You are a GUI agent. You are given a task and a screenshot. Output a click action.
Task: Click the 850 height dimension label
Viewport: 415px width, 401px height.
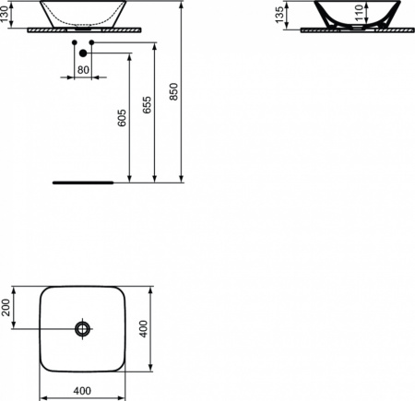pos(173,91)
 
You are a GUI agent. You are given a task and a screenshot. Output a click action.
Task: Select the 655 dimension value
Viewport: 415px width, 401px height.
pos(148,105)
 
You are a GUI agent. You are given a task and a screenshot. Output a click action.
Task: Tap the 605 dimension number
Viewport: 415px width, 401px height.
pos(122,118)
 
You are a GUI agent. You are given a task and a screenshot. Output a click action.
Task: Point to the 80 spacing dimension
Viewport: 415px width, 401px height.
pos(83,70)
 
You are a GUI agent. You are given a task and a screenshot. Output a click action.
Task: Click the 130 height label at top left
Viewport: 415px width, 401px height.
pos(5,15)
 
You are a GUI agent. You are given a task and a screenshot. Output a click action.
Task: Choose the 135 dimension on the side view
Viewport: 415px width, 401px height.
pos(279,15)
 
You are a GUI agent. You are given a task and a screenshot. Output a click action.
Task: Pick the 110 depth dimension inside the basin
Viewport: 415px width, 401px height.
pos(359,13)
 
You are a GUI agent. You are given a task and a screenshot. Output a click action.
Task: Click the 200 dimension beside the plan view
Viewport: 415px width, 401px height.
pos(6,307)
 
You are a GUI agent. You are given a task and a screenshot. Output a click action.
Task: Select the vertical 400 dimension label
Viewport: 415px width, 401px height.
pos(143,329)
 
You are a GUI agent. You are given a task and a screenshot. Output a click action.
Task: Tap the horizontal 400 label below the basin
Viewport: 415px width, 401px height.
pos(82,391)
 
